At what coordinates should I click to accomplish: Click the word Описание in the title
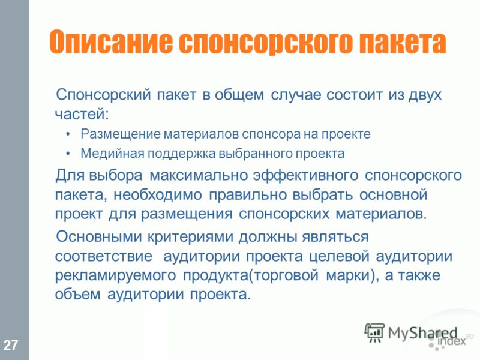(x=110, y=42)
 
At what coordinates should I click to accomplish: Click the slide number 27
(x=11, y=345)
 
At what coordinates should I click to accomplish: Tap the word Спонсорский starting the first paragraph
(x=103, y=95)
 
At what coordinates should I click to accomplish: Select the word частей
(x=82, y=114)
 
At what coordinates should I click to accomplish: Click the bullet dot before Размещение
(x=68, y=134)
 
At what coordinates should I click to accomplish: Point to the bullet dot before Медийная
(x=68, y=154)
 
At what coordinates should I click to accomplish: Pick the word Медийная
(x=112, y=154)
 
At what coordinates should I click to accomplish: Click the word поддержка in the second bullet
(x=182, y=154)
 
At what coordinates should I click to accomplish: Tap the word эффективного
(x=306, y=176)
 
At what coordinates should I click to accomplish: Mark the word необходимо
(x=158, y=195)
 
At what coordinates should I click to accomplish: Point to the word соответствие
(x=103, y=256)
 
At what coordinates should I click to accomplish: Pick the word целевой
(x=339, y=256)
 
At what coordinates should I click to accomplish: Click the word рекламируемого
(x=115, y=275)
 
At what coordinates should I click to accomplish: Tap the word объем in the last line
(x=78, y=295)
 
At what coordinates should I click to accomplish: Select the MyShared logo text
(x=422, y=333)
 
